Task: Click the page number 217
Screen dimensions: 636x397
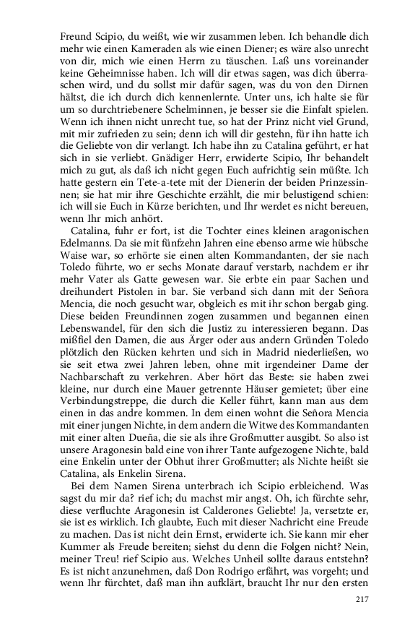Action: pyautogui.click(x=362, y=598)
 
